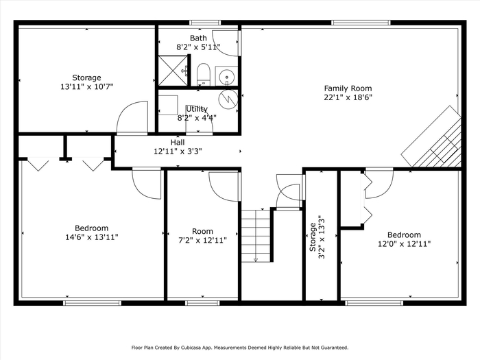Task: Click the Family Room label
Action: (x=348, y=88)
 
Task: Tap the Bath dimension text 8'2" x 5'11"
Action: (x=198, y=47)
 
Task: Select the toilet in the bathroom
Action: (x=203, y=74)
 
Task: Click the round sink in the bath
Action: (x=227, y=75)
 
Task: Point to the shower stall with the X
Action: (x=173, y=71)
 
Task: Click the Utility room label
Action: (x=197, y=109)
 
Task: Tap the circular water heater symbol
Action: (x=228, y=99)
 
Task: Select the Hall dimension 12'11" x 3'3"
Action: (x=178, y=152)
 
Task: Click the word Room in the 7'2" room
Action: (x=202, y=231)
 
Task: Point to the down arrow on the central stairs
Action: (x=256, y=260)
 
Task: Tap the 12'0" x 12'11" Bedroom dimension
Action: (x=405, y=244)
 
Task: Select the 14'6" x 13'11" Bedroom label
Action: (x=91, y=232)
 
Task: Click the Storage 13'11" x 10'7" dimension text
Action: (x=86, y=86)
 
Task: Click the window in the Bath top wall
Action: (x=205, y=23)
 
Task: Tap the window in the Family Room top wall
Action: (x=361, y=23)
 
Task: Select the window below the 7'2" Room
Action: (x=202, y=303)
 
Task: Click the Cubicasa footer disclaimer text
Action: (x=240, y=348)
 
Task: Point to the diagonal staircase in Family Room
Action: (x=431, y=137)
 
